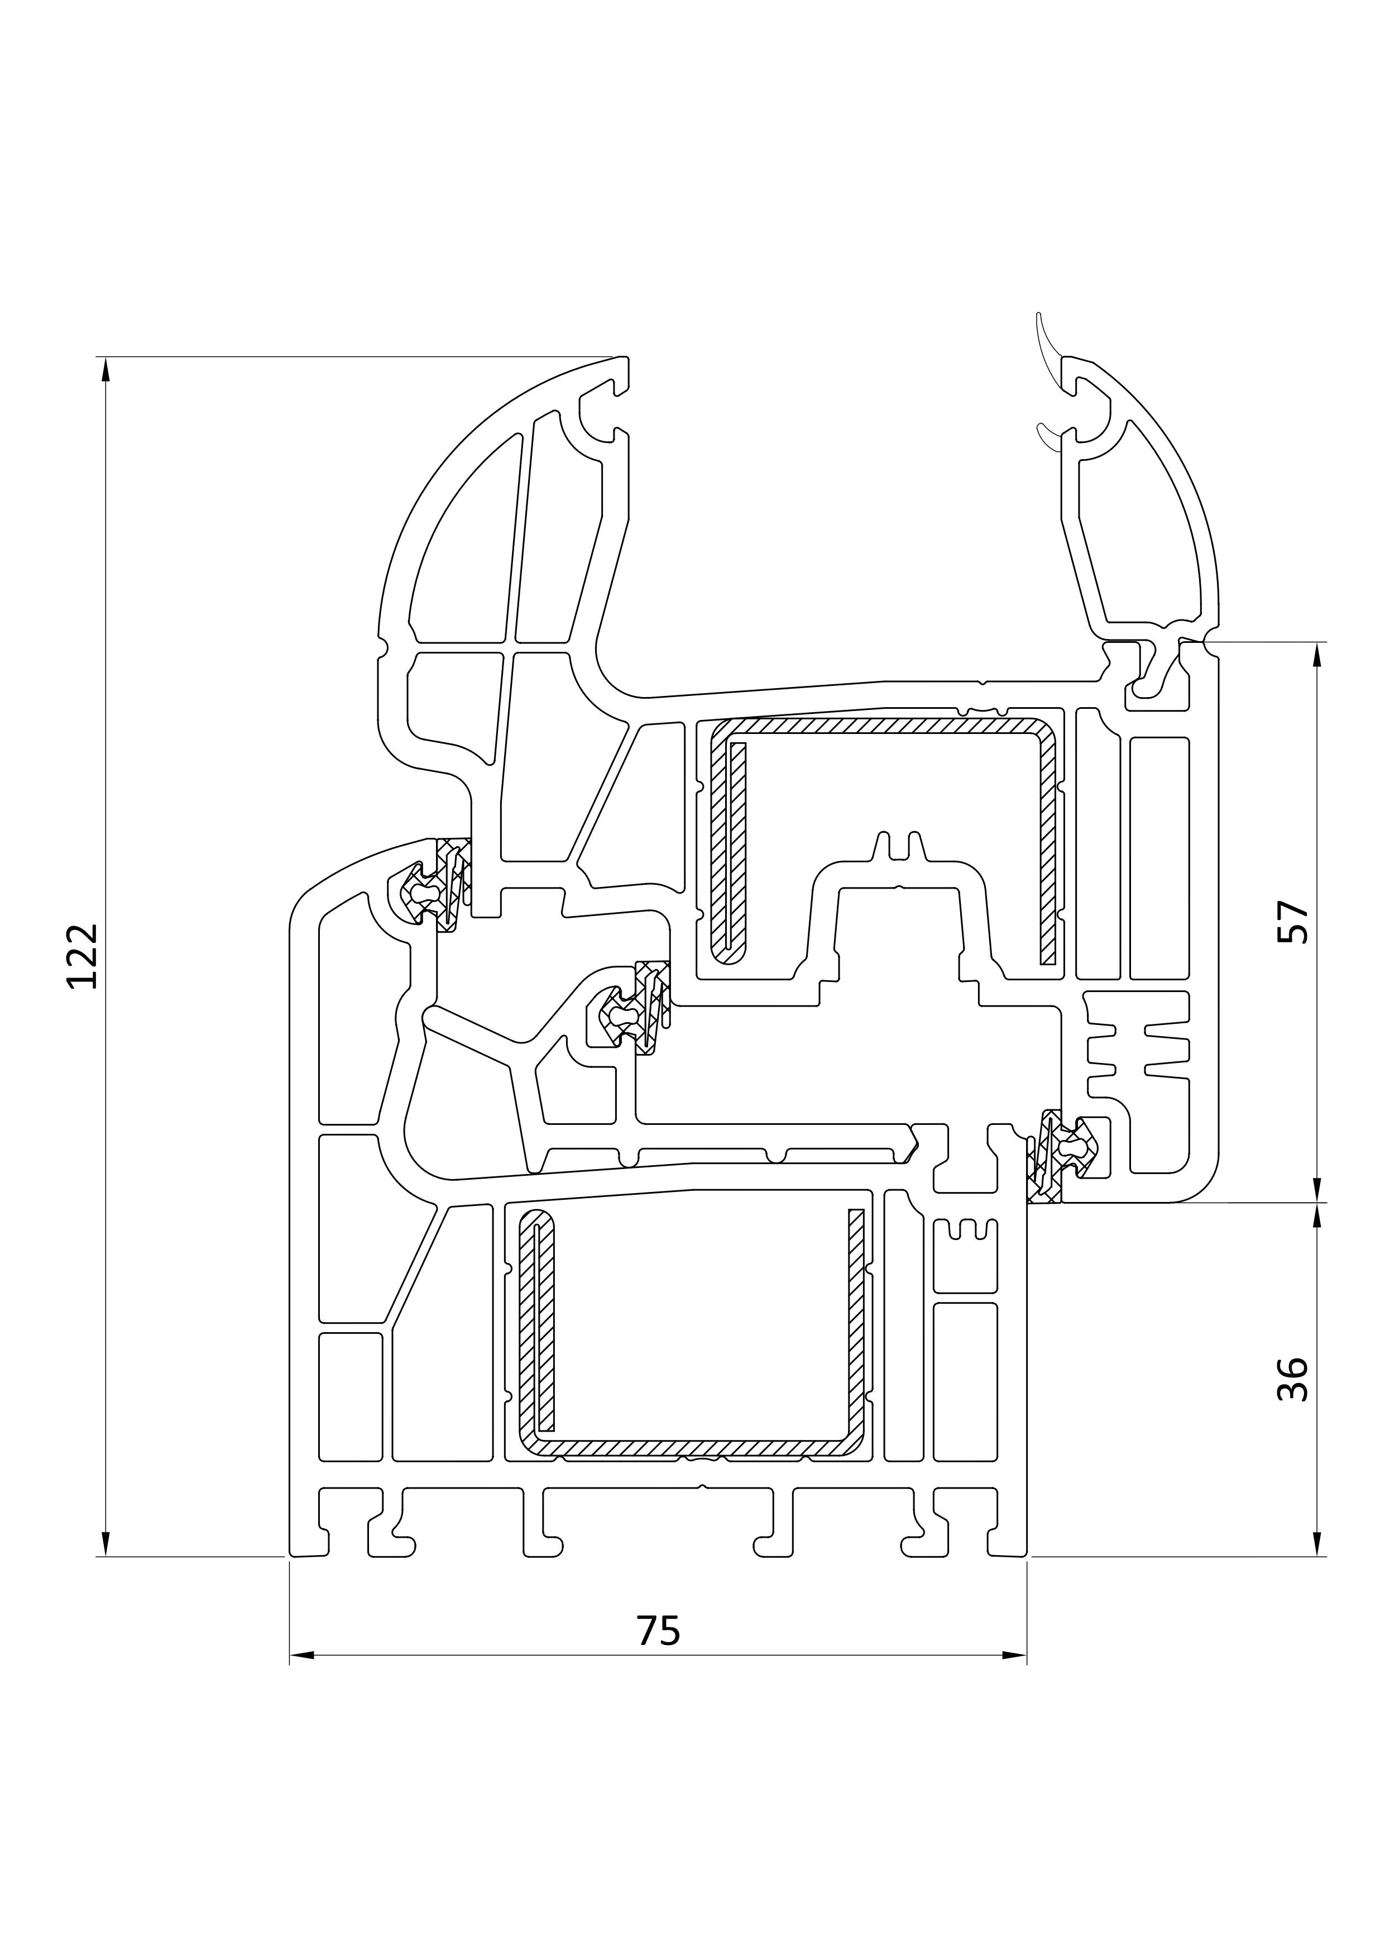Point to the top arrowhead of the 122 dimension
106,369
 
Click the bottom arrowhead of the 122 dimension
106,1544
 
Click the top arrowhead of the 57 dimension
1317,655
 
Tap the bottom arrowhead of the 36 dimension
1317,1544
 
